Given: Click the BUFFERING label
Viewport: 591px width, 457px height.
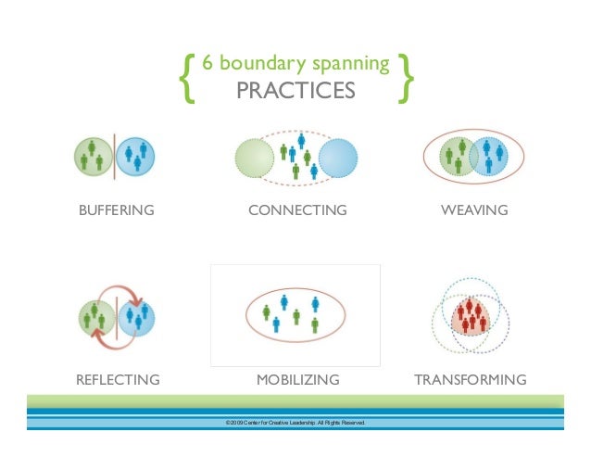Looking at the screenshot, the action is [x=116, y=210].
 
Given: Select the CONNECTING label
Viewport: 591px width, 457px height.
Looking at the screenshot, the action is [x=297, y=210].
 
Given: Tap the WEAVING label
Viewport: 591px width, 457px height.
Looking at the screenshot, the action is [x=474, y=210].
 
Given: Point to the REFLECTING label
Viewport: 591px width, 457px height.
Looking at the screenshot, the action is [x=118, y=380].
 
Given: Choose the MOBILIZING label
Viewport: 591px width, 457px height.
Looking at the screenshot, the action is [x=297, y=380].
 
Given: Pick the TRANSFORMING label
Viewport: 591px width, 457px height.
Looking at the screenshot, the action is [x=471, y=380].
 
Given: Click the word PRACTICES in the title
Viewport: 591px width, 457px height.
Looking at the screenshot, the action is [x=295, y=91].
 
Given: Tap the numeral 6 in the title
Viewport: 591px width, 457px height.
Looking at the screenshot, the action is [x=207, y=65].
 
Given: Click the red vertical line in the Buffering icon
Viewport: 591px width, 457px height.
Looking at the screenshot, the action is [x=115, y=155].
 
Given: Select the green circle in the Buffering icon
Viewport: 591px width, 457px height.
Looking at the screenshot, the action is [x=93, y=155].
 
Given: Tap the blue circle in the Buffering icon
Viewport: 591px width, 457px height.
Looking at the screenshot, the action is [x=137, y=155].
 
